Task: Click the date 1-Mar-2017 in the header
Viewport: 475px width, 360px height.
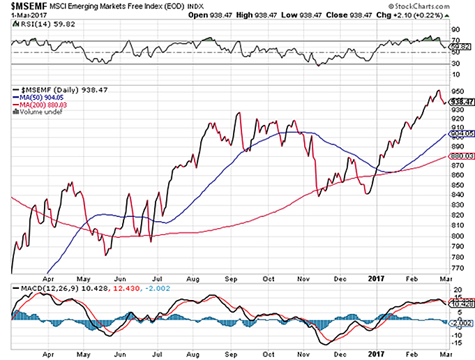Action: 25,15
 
